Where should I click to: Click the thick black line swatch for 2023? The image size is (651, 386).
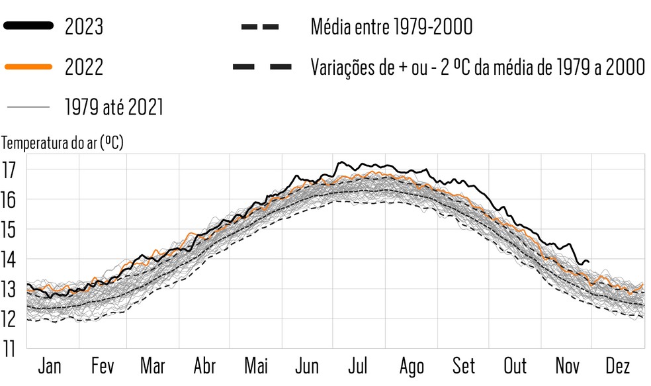tap(28, 26)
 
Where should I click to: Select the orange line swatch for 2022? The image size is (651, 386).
tap(28, 67)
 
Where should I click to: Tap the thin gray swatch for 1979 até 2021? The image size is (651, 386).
tap(28, 107)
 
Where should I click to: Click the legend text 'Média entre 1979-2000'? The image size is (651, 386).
tap(391, 27)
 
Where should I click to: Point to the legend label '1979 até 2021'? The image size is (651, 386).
tap(114, 107)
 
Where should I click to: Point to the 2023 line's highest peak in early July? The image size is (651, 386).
tap(340, 162)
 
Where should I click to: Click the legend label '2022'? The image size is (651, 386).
tap(84, 67)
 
